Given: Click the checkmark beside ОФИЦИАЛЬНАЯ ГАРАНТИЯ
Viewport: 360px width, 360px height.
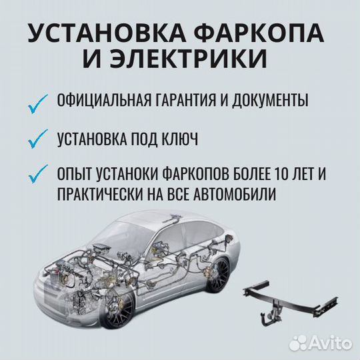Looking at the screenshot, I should [39, 103].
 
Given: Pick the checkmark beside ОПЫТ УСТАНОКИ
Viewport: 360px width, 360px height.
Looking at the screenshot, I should [39, 173].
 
